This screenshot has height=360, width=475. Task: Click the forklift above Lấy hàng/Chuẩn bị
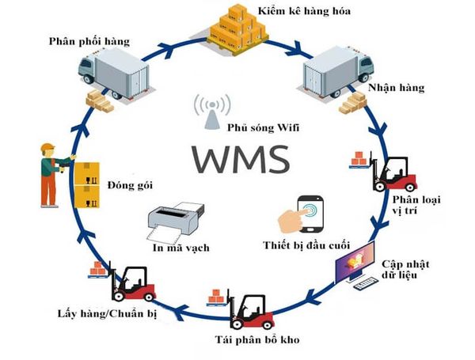coord(131,283)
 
